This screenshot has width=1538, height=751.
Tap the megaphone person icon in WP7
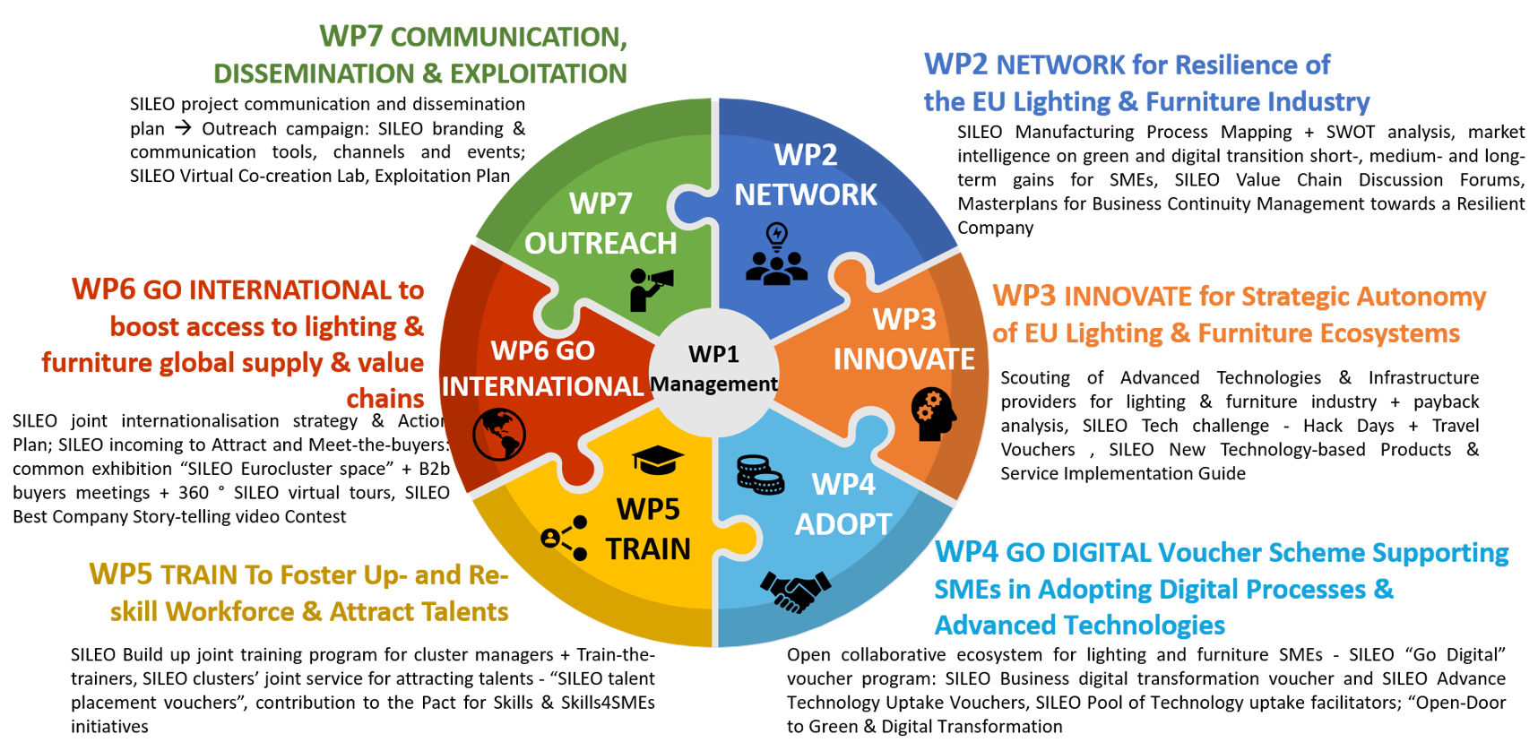pyautogui.click(x=652, y=289)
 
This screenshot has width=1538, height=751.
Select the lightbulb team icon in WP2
pyautogui.click(x=776, y=255)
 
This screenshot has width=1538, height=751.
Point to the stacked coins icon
pyautogui.click(x=760, y=475)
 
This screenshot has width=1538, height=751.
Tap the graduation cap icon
pyautogui.click(x=658, y=461)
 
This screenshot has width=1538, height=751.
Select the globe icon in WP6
pyautogui.click(x=499, y=435)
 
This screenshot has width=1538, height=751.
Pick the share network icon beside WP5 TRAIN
pyautogui.click(x=565, y=538)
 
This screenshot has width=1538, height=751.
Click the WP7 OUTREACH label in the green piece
pyautogui.click(x=601, y=223)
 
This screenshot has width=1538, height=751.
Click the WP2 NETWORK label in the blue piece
pyautogui.click(x=806, y=175)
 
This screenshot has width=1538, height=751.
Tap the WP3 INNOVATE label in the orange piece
pyautogui.click(x=904, y=339)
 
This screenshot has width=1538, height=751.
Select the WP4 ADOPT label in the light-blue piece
pyautogui.click(x=843, y=504)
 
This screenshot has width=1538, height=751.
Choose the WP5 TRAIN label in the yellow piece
pyautogui.click(x=648, y=529)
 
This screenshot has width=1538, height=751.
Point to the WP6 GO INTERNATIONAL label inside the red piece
pyautogui.click(x=543, y=368)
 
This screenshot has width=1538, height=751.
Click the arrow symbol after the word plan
pyautogui.click(x=183, y=128)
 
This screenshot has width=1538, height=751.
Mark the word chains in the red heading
pyautogui.click(x=385, y=398)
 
